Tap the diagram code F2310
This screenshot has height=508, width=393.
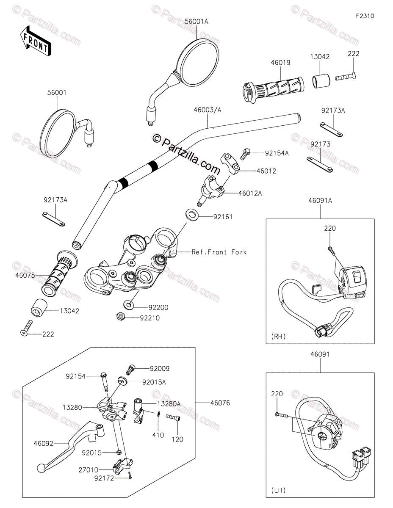click(365, 17)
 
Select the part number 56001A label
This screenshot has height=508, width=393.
click(196, 21)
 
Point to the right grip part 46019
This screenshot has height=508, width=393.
click(273, 88)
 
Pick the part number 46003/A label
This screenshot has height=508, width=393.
click(208, 110)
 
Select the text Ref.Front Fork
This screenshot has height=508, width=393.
click(219, 252)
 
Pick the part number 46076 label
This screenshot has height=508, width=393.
click(220, 403)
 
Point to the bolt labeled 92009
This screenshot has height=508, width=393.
click(131, 369)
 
